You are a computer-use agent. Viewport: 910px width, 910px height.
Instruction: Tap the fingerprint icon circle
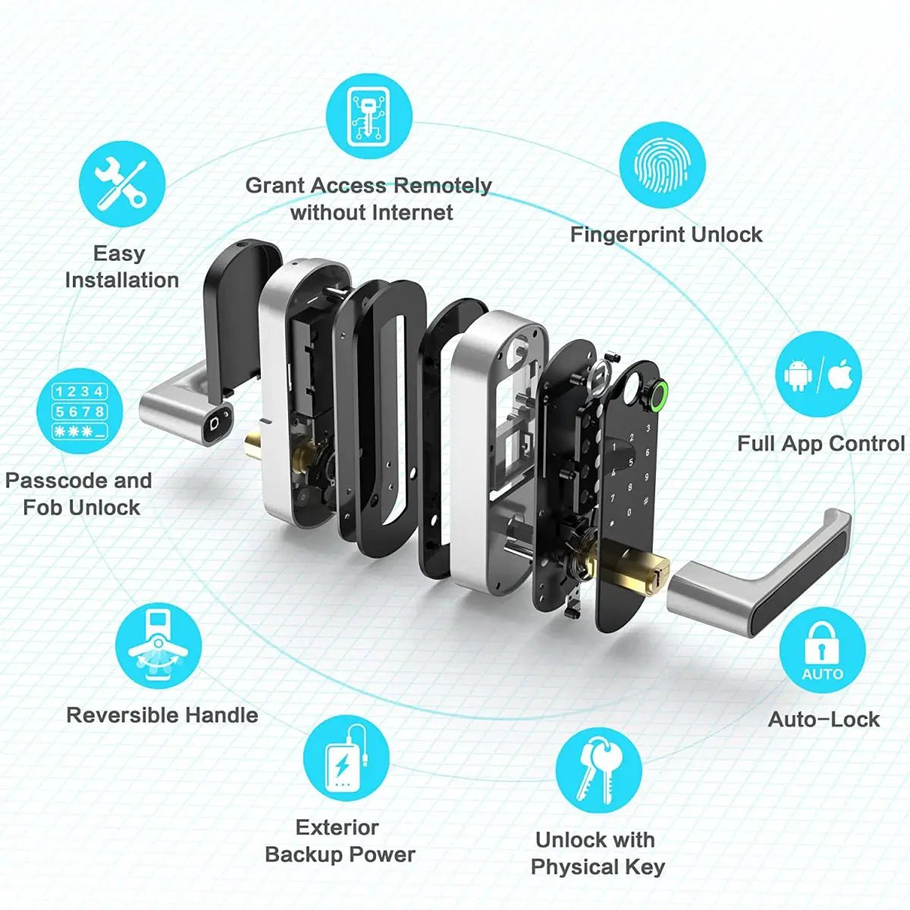(x=662, y=165)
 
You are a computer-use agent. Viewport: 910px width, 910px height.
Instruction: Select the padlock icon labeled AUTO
(x=822, y=651)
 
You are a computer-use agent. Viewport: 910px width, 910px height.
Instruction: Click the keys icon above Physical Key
(x=598, y=770)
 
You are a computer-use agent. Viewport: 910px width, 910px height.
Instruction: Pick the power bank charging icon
(x=346, y=758)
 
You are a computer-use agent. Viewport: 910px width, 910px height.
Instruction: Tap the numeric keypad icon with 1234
(x=80, y=412)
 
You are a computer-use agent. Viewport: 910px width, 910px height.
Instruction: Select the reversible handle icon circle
(x=158, y=646)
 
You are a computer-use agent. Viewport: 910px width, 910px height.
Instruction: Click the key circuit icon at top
(x=369, y=116)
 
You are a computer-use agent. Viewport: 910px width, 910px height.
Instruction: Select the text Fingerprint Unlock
(x=666, y=234)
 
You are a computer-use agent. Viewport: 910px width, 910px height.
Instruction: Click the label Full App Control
(x=821, y=444)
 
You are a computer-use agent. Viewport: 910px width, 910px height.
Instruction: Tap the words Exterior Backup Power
(x=339, y=841)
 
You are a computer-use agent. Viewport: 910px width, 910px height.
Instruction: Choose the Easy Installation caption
(x=121, y=266)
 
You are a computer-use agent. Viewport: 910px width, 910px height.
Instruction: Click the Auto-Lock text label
(x=824, y=719)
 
